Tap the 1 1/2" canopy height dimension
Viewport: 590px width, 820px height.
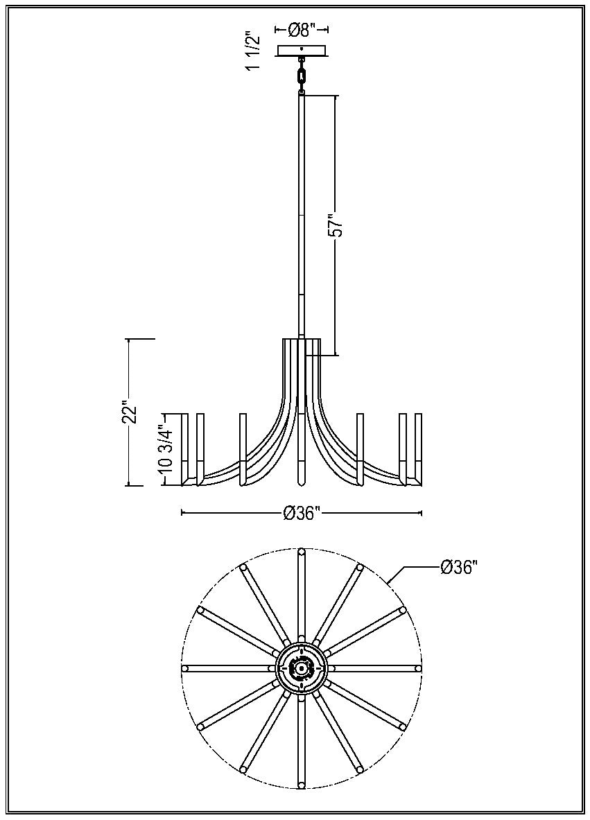point(254,50)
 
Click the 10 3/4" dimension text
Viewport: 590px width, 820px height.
point(166,448)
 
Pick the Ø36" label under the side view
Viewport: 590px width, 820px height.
point(302,514)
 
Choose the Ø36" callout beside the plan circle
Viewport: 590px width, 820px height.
point(459,567)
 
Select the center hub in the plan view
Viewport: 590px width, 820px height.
point(301,668)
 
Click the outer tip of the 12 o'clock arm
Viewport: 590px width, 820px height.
point(301,552)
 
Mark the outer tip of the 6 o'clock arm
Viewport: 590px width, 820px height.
point(301,785)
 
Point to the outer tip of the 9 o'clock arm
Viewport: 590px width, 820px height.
point(186,668)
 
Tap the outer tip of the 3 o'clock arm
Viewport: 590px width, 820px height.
point(417,668)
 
